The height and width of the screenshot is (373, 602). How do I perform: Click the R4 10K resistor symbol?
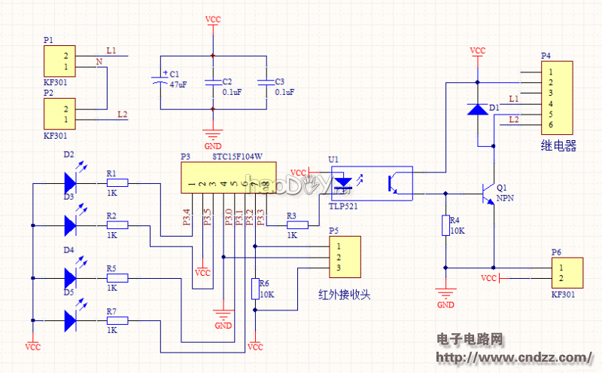coord(445,225)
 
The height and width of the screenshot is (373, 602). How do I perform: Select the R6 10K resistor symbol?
coord(255,289)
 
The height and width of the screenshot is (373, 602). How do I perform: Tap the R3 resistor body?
coord(298,225)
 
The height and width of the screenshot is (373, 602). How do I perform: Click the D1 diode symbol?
coord(477,109)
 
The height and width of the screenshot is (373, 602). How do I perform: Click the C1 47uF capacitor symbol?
coord(161,78)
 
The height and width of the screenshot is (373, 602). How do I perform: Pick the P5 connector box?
coord(345,256)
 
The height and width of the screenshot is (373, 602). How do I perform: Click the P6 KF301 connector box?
coord(567,272)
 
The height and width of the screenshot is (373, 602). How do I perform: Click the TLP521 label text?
coord(345,205)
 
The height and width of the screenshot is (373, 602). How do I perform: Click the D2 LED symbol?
coord(71,182)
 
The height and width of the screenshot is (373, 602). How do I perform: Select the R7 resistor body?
coord(117,320)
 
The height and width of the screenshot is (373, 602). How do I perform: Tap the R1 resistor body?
coord(117,182)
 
